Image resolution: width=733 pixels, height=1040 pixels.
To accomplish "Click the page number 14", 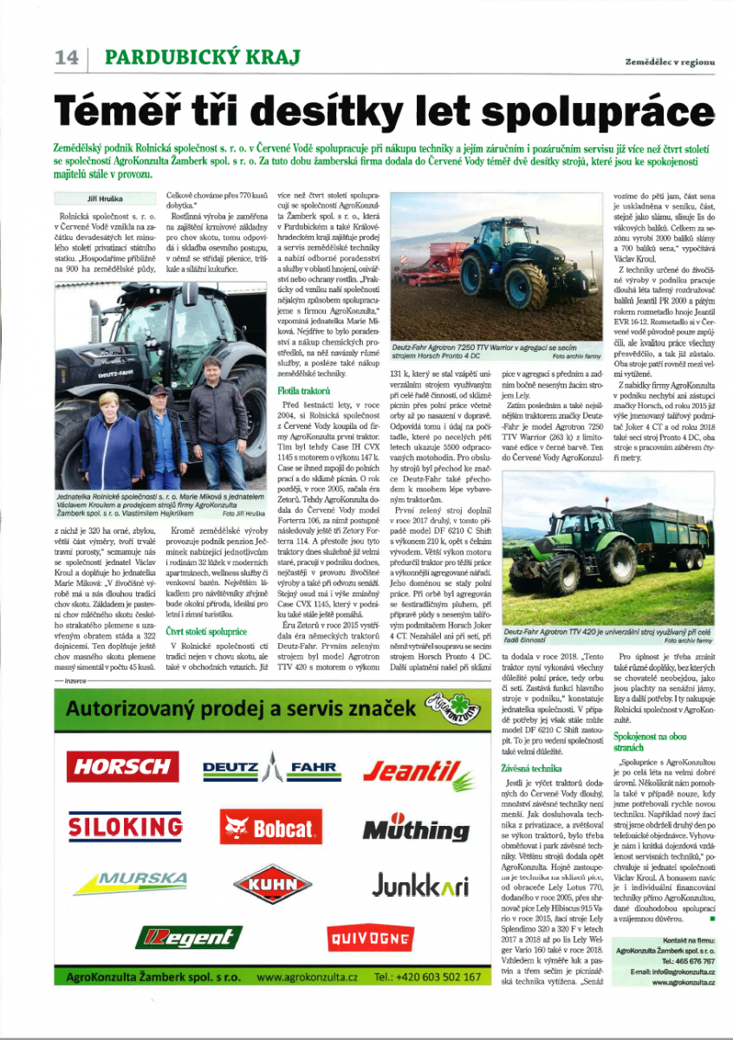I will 66,58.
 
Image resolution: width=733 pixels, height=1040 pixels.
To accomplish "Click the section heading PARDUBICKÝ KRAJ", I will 202,58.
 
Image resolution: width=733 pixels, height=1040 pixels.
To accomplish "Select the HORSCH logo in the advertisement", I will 120,766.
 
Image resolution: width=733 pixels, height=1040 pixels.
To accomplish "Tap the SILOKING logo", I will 121,826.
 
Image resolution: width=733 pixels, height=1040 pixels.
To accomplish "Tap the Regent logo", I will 188,937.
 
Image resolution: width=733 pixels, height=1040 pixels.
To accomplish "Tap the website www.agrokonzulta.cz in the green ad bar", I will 307,977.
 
